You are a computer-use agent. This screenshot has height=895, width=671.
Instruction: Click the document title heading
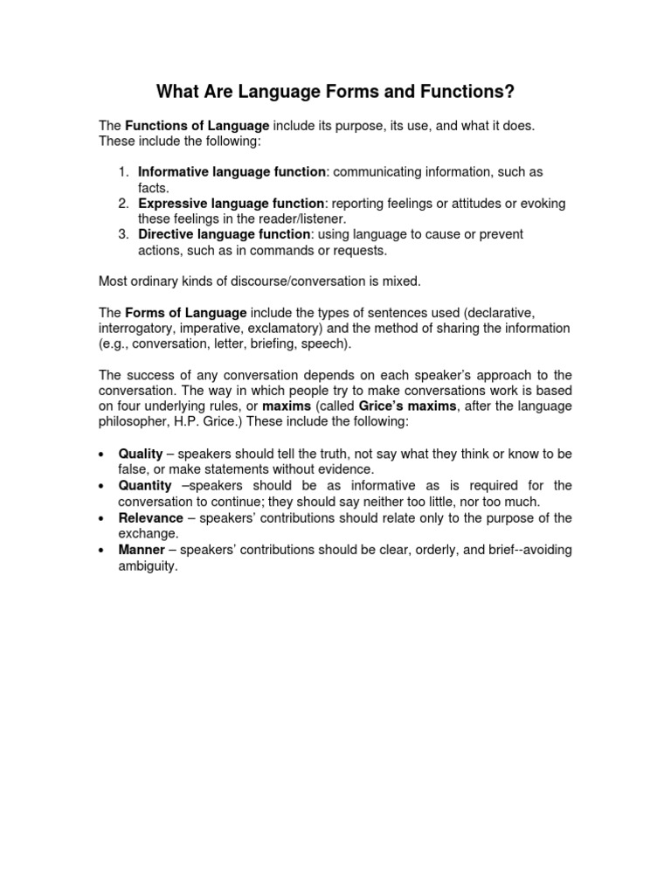[x=335, y=91]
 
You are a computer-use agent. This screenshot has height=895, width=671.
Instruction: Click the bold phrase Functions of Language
[x=197, y=126]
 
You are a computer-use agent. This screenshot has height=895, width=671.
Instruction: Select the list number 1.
[x=124, y=172]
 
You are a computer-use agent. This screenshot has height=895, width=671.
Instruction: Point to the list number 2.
[x=124, y=204]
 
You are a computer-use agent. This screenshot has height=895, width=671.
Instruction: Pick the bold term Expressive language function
[x=232, y=204]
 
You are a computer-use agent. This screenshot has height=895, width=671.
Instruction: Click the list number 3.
[x=124, y=234]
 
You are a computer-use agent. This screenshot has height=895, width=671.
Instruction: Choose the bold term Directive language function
[x=225, y=234]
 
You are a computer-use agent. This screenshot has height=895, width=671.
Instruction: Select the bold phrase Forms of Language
[x=186, y=312]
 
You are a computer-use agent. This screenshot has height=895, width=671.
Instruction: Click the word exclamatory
[x=318, y=328]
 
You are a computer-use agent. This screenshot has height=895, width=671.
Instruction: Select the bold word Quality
[x=141, y=454]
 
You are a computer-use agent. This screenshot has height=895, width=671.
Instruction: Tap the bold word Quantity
[x=145, y=485]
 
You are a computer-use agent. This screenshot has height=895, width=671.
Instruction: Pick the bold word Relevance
[x=150, y=517]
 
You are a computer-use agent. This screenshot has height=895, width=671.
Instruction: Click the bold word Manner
[x=142, y=550]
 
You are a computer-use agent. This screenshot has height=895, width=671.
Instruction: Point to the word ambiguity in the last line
[x=147, y=565]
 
